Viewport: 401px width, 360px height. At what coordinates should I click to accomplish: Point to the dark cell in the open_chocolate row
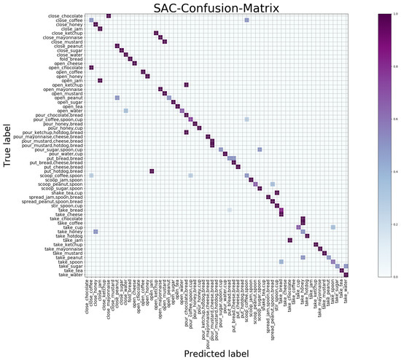[91, 68]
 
